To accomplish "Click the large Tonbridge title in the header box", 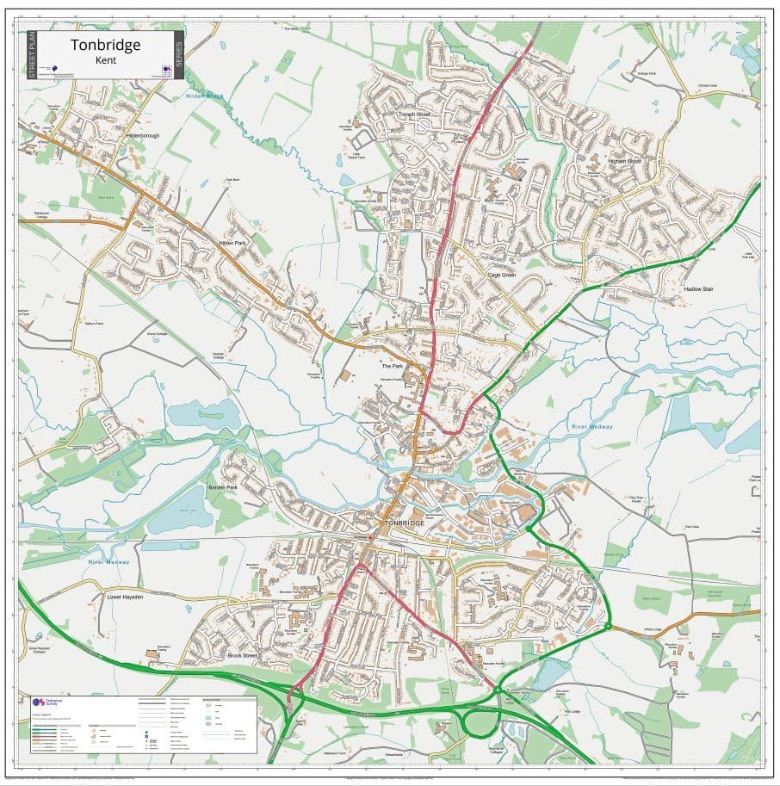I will point(105,45).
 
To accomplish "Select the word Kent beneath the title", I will point(107,61).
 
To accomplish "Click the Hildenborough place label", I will point(143,135).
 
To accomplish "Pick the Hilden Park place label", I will point(232,244).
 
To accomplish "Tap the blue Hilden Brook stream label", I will point(204,96).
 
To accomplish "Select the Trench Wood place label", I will point(413,114).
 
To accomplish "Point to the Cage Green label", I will point(501,275).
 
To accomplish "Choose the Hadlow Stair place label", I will point(698,289).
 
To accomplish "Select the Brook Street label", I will point(243,656).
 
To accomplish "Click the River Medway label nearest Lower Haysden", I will point(108,562).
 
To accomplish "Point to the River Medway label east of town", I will point(591,427).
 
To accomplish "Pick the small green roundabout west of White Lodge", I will point(609,628).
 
